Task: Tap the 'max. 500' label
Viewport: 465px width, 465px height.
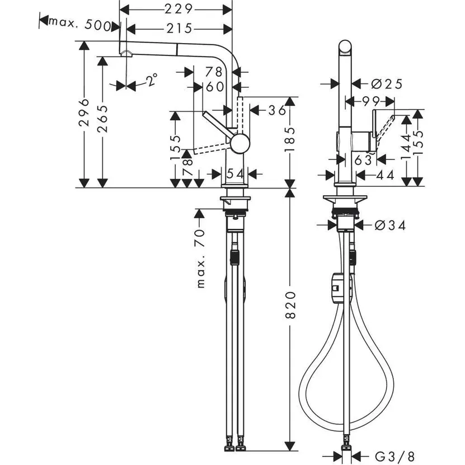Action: (x=78, y=23)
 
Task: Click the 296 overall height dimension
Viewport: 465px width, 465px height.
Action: (x=84, y=114)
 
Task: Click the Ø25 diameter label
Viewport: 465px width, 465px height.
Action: (x=387, y=84)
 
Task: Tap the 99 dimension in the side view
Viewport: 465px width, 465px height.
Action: (x=370, y=101)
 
